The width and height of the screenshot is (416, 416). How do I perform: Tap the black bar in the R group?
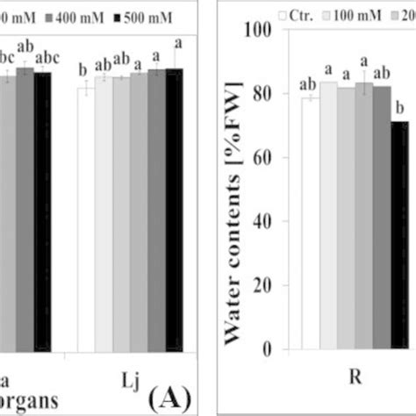pos(398,236)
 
